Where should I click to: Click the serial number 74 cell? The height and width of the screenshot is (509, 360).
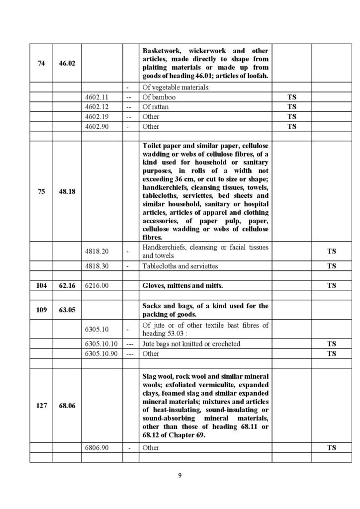41,64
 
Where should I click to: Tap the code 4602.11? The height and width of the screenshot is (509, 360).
97,97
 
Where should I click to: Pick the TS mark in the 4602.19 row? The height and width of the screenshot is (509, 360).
292,117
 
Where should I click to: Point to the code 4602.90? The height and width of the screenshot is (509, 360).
97,126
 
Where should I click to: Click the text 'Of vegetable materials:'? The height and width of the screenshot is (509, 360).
175,88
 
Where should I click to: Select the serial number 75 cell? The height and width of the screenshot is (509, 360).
41,191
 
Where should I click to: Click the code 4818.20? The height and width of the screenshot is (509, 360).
97,252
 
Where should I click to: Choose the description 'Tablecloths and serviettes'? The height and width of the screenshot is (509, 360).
180,266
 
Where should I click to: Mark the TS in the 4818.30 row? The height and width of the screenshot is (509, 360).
332,266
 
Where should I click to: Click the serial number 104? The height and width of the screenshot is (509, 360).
41,286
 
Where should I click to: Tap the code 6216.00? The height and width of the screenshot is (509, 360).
97,286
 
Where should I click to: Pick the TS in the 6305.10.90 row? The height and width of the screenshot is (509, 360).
332,354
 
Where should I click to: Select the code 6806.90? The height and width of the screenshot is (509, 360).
97,448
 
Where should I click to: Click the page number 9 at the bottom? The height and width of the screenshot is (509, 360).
180,476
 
